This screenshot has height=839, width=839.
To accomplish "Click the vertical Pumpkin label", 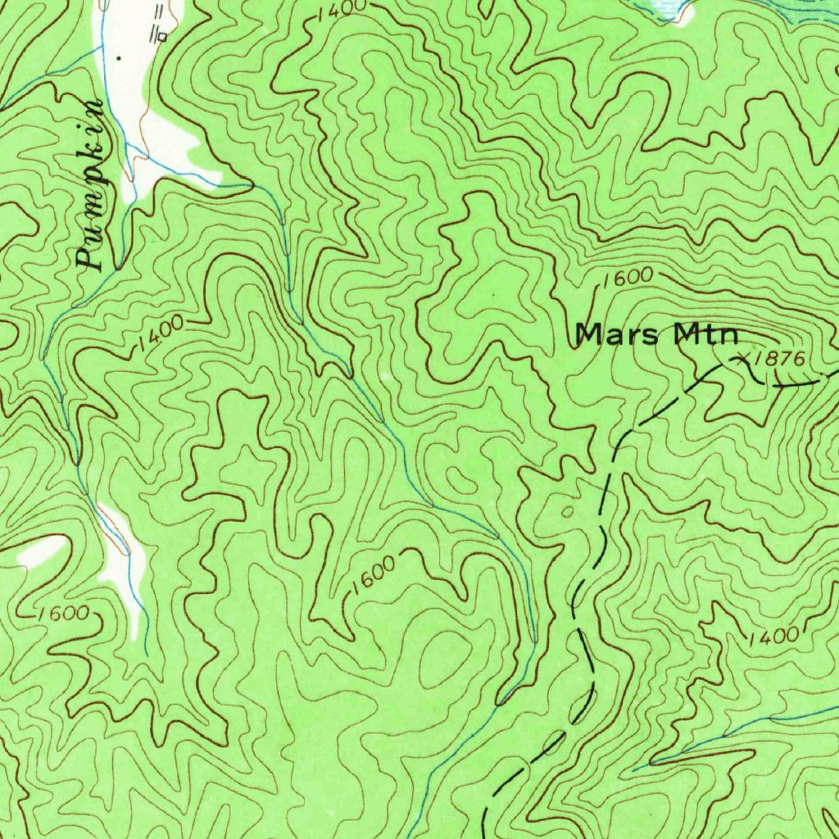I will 91,185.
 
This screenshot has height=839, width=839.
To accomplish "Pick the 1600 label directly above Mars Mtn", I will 626,278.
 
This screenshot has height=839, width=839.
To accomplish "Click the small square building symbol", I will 163,36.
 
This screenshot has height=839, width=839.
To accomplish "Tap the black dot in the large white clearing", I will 120,58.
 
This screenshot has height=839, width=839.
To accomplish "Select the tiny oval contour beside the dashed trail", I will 567,511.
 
